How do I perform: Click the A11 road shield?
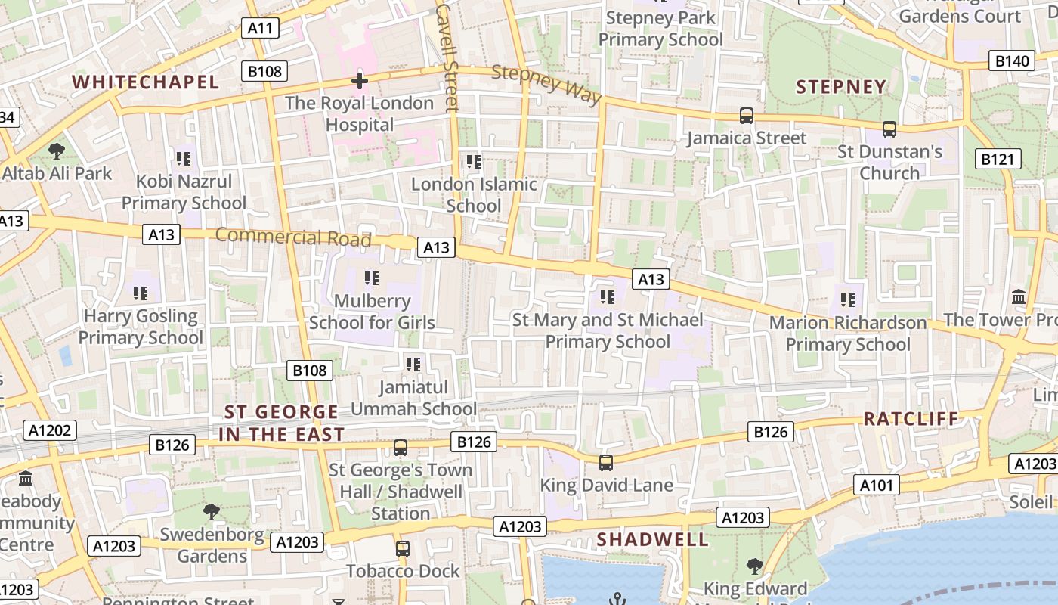click(261, 29)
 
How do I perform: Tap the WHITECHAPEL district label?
click(146, 82)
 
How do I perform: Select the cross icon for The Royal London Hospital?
click(360, 80)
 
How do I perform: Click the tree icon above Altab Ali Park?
click(56, 151)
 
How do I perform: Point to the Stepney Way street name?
click(546, 84)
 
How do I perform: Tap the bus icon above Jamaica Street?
click(747, 116)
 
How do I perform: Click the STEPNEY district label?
click(841, 87)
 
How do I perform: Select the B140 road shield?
click(1013, 61)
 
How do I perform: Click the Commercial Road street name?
click(293, 237)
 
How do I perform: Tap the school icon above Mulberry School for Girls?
click(372, 278)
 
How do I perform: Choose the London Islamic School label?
click(474, 194)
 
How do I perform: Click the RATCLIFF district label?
click(911, 419)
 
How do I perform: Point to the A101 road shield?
click(877, 485)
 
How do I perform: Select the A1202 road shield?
click(50, 430)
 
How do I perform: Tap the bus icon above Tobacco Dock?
click(403, 548)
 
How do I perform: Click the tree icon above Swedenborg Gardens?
click(212, 512)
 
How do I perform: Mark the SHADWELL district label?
click(653, 539)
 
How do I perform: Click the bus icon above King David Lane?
click(606, 462)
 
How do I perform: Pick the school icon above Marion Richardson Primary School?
click(847, 300)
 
